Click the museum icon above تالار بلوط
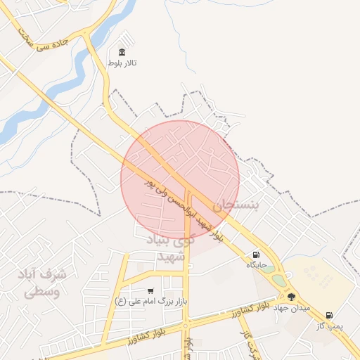122,53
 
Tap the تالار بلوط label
122,64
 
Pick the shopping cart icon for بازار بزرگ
150,291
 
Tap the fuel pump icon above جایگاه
255,255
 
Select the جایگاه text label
255,264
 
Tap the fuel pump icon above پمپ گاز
329,315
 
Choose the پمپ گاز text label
328,326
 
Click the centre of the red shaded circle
180,180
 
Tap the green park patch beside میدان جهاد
280,280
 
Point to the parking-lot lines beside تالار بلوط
127,39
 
